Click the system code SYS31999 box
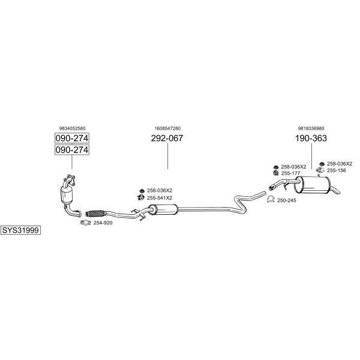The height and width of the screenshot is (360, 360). click(x=20, y=230)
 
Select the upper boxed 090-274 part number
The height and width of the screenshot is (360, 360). click(x=72, y=138)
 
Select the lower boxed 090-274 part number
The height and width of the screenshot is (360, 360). click(x=72, y=150)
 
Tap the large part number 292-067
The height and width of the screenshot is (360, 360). click(x=167, y=138)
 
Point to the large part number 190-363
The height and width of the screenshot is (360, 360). click(x=311, y=138)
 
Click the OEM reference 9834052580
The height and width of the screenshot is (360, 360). click(x=73, y=128)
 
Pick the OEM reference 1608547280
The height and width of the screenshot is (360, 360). click(x=167, y=128)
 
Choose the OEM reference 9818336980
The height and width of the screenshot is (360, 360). click(x=311, y=128)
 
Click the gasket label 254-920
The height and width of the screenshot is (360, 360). click(x=103, y=223)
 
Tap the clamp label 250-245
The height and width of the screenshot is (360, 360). click(x=287, y=200)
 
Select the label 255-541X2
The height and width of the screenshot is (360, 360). click(x=160, y=198)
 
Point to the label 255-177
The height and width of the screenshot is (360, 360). click(x=290, y=173)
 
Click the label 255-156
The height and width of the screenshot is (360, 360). click(x=337, y=170)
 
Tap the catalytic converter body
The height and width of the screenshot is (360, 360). click(x=67, y=194)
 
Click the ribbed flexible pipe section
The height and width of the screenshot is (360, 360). click(x=95, y=213)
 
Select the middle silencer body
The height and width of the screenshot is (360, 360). click(x=163, y=209)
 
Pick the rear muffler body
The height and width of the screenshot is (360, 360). click(x=313, y=185)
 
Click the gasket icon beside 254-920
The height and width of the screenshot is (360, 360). click(x=86, y=223)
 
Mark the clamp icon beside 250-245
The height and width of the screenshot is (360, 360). click(x=271, y=199)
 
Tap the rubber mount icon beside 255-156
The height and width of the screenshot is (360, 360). click(x=320, y=170)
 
